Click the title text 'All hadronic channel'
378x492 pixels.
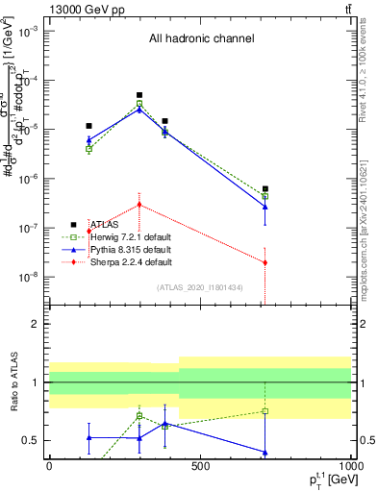point(201,39)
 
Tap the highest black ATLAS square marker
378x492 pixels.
point(139,95)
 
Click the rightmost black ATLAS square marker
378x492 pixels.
point(265,189)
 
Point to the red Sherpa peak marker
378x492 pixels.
point(139,205)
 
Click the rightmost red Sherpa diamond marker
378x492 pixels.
point(265,262)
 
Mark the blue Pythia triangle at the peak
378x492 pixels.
point(139,110)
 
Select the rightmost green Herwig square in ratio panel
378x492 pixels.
point(265,411)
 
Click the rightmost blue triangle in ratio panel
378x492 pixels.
point(265,453)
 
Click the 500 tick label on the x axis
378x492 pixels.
point(200,466)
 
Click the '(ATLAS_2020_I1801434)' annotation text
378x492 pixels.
point(200,287)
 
